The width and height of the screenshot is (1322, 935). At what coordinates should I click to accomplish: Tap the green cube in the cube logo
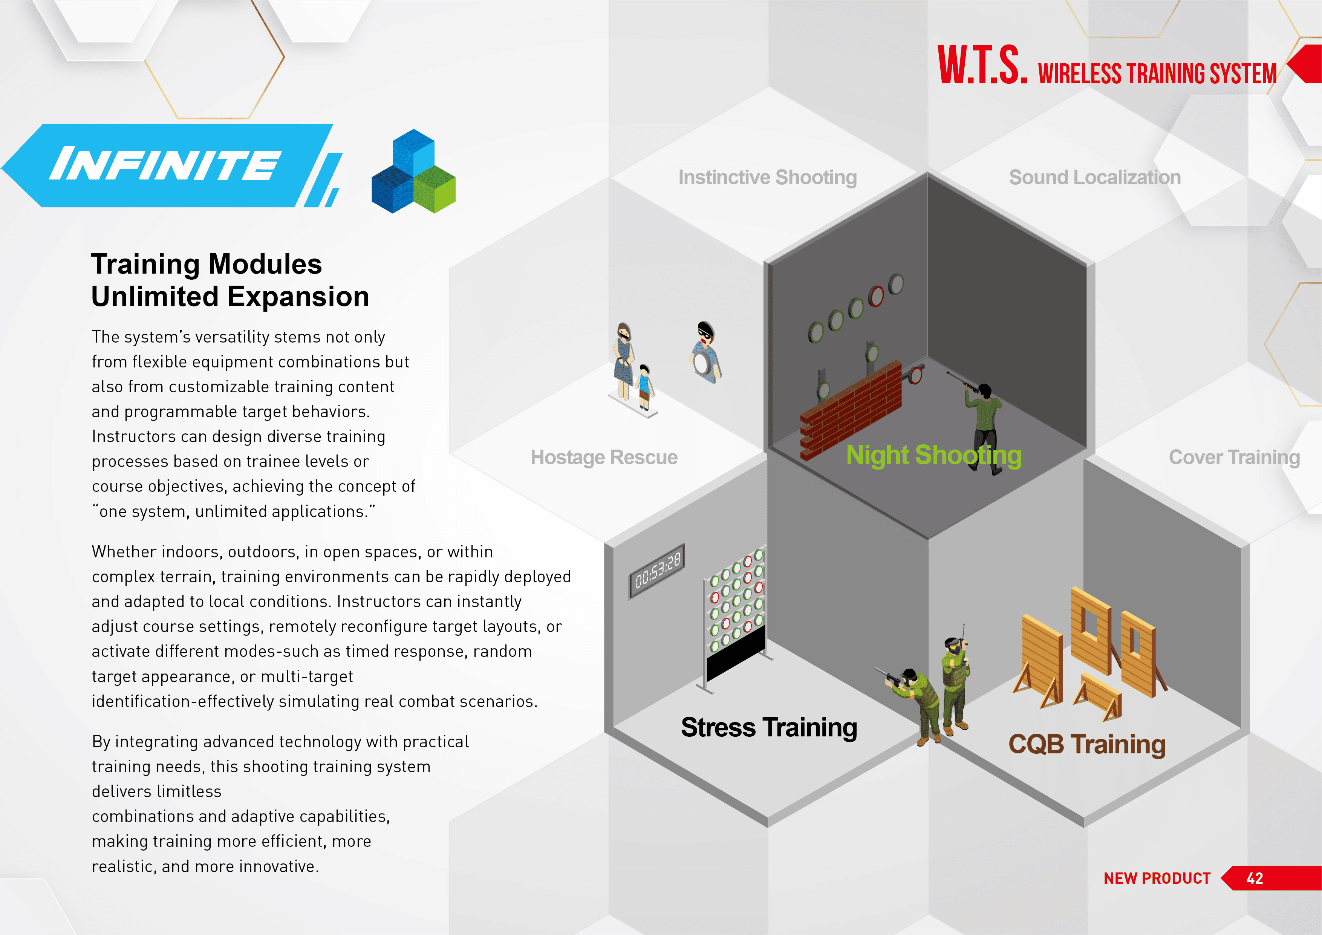pos(435,189)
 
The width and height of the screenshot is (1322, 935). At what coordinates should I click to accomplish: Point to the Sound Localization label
pos(1094,178)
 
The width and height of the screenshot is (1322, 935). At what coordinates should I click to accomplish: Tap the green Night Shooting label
pos(934,455)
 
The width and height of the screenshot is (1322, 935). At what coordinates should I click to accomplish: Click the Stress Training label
pos(769,728)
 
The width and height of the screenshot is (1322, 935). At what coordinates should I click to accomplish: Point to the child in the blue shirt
pos(645,387)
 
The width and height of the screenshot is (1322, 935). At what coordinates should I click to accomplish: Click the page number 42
pos(1255,878)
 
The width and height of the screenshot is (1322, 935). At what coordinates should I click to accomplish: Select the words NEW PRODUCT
pos(1157,878)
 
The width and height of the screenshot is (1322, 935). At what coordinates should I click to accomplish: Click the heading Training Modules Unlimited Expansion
pos(230,280)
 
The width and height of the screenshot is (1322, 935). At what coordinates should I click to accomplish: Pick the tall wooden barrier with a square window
pos(1091,631)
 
